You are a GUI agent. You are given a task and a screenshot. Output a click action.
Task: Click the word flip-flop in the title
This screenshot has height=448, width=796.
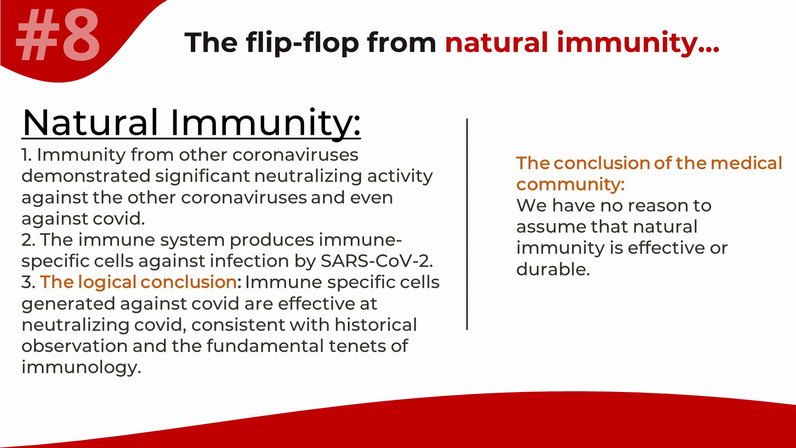tap(303, 43)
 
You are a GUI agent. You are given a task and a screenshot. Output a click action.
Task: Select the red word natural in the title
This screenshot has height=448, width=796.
tap(497, 42)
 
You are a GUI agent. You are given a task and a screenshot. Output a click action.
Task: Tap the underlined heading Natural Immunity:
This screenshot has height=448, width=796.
tap(191, 122)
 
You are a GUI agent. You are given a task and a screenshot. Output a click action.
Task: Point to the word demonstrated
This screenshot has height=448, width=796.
tap(86, 176)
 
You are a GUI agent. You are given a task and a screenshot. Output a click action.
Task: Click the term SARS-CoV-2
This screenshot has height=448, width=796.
tap(376, 261)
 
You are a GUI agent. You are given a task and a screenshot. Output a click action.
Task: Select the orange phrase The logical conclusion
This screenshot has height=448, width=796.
tap(138, 282)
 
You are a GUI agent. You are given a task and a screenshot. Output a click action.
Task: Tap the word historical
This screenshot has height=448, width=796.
tap(376, 325)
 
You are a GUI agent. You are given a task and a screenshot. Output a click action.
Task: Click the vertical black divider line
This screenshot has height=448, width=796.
tap(467, 224)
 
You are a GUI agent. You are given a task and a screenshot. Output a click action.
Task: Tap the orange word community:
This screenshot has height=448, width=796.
tap(570, 185)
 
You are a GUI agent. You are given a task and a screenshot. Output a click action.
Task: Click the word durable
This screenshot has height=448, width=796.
tap(553, 269)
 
